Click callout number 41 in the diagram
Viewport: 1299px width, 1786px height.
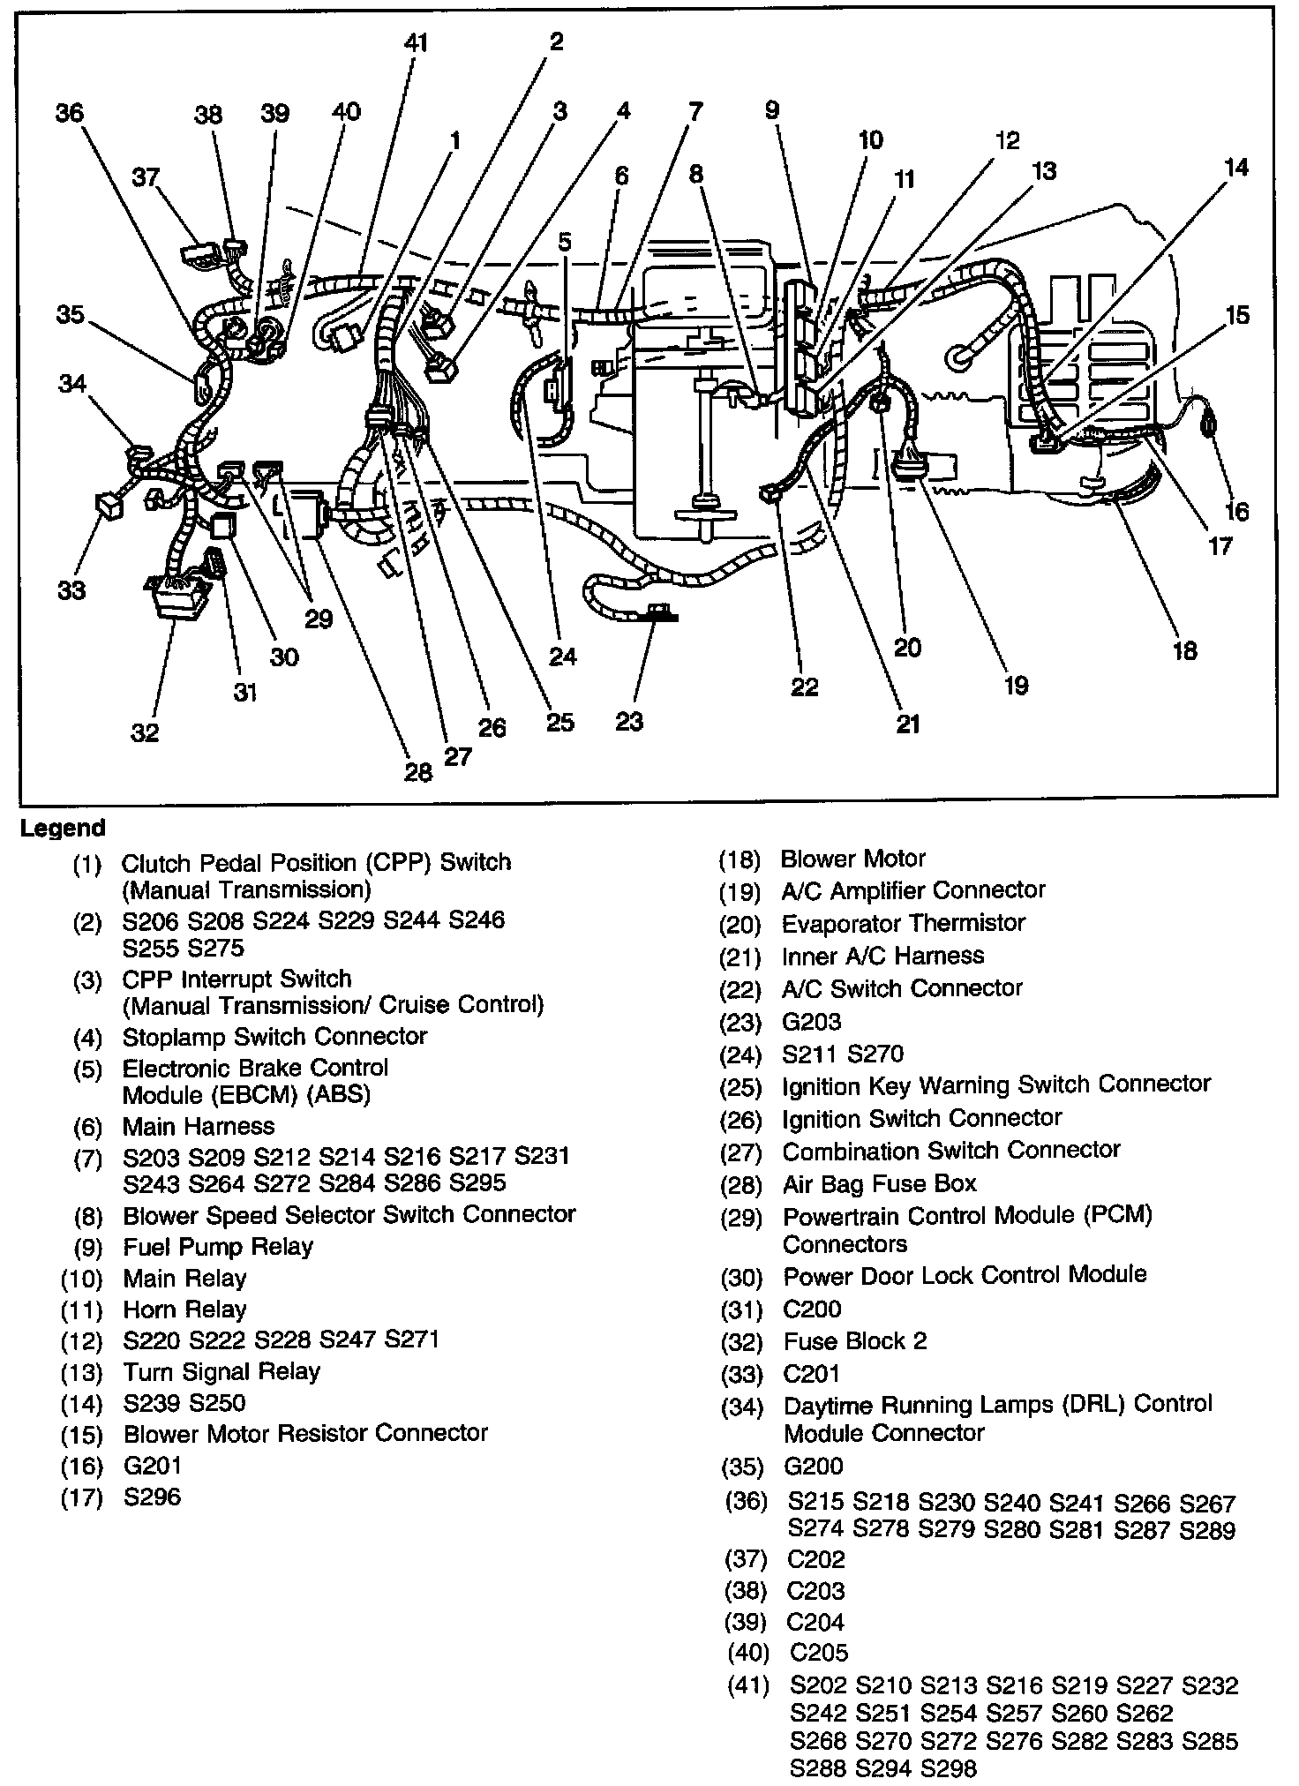click(416, 41)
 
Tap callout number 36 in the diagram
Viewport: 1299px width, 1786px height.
click(69, 113)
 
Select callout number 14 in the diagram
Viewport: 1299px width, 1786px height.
click(1236, 167)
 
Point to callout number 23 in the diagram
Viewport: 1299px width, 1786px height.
click(628, 721)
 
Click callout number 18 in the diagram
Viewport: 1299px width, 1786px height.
click(1183, 650)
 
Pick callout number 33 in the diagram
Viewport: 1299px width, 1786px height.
click(71, 589)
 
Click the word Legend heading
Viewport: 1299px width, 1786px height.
click(63, 829)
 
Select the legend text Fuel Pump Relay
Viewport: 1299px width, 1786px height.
click(218, 1246)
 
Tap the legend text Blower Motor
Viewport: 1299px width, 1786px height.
click(853, 859)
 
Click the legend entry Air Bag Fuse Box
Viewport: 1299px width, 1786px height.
click(880, 1183)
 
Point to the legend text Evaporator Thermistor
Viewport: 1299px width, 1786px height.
click(904, 923)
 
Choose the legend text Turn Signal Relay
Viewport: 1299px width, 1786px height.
click(222, 1371)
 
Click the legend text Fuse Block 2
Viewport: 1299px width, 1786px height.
click(855, 1341)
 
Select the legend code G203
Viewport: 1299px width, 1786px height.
click(812, 1022)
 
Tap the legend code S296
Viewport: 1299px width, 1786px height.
click(153, 1497)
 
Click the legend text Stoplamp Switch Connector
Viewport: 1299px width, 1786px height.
click(274, 1036)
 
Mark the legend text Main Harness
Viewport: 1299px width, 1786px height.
click(199, 1126)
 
